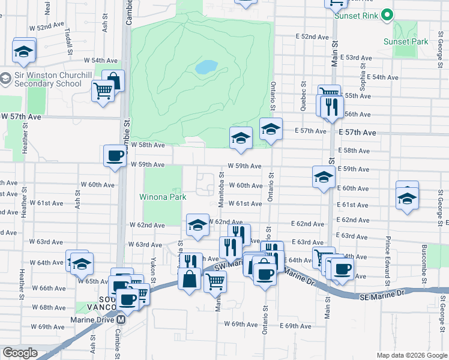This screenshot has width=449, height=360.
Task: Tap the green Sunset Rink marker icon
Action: click(387, 15)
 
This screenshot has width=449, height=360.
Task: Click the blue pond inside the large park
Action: click(206, 67)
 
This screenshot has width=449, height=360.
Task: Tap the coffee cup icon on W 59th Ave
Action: click(115, 156)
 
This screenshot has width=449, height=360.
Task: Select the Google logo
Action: click(19, 353)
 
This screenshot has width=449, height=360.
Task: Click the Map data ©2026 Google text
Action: click(412, 355)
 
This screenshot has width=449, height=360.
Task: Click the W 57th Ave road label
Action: click(21, 116)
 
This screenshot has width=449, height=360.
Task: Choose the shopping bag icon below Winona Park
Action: click(190, 280)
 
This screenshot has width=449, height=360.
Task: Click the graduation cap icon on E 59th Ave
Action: click(323, 177)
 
